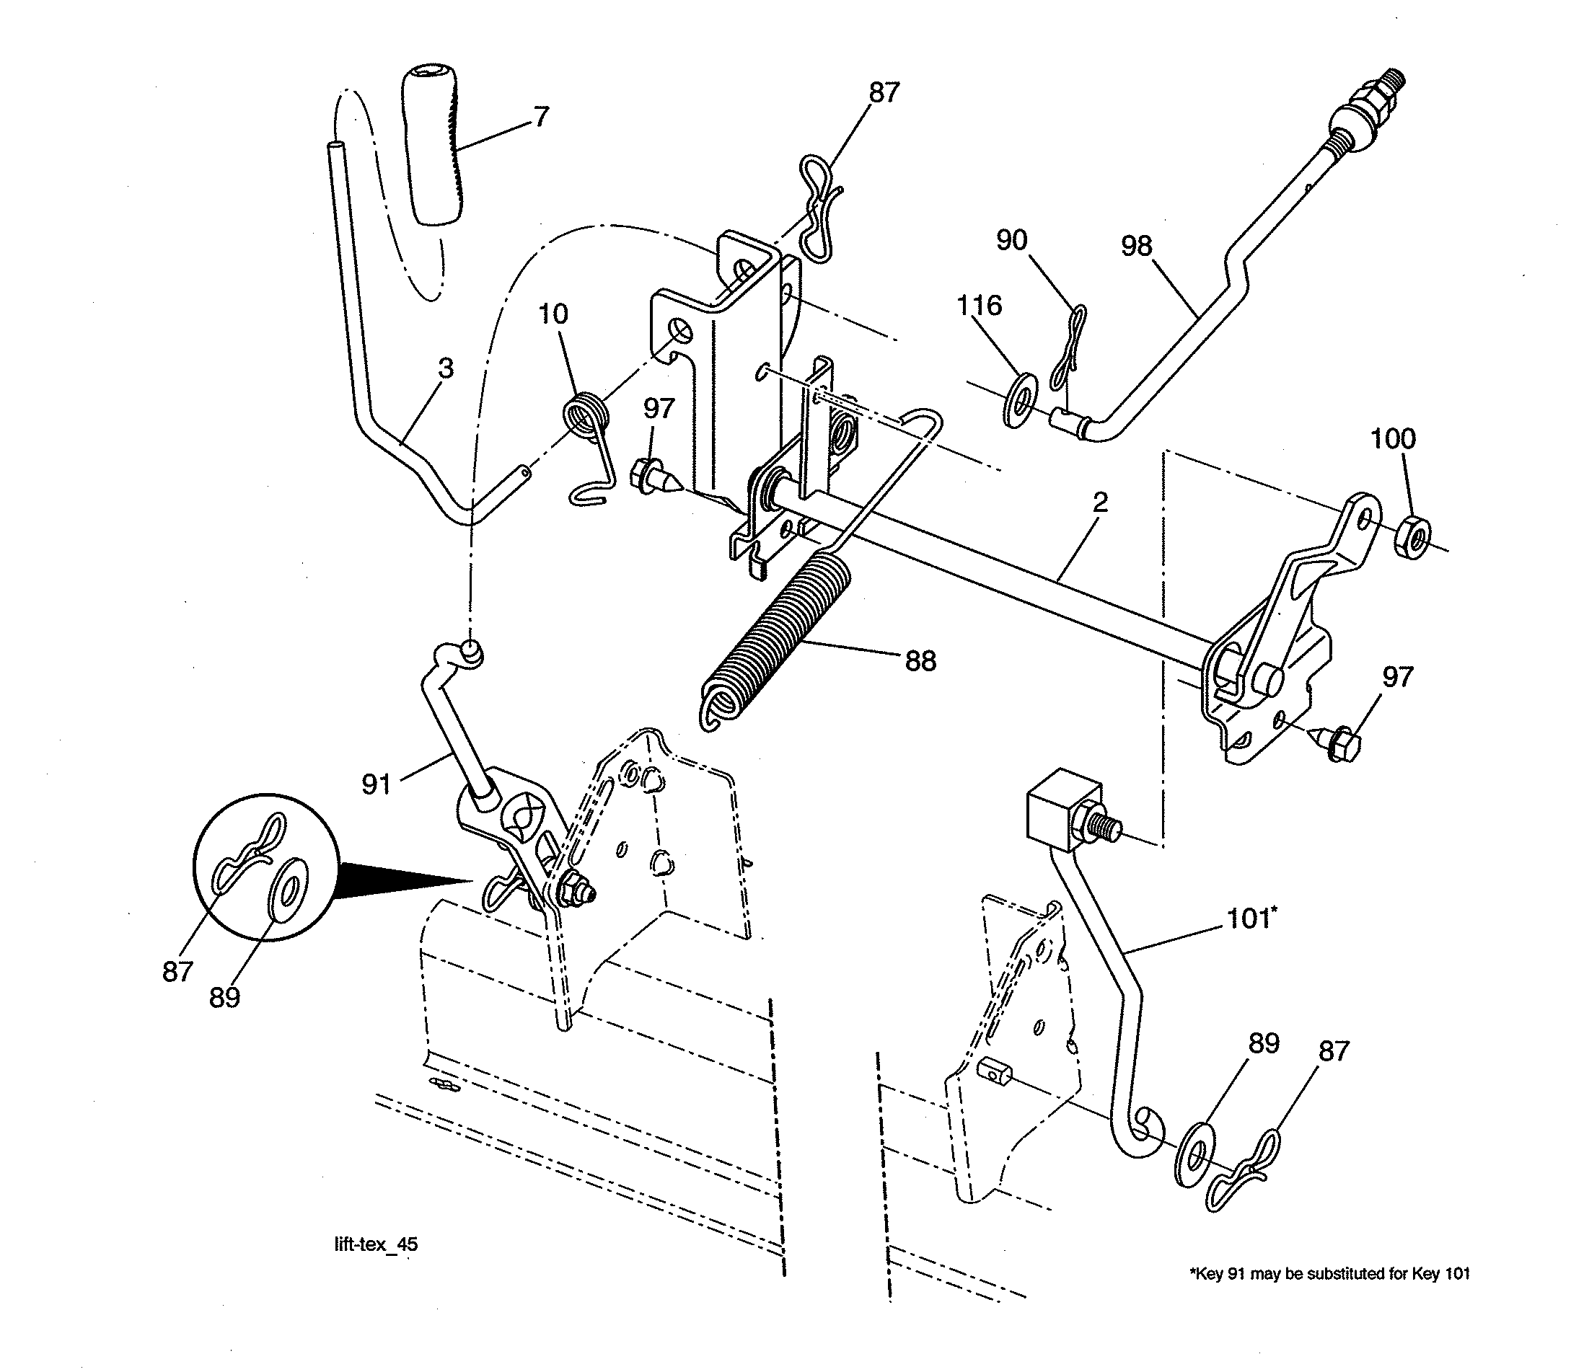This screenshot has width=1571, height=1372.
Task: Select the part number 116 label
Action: (979, 306)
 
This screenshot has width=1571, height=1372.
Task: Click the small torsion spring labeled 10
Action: (587, 418)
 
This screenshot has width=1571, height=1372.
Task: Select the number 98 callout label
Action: (1136, 247)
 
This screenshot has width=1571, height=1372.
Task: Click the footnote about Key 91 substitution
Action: (1329, 1274)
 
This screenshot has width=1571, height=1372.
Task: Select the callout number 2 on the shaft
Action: (1099, 503)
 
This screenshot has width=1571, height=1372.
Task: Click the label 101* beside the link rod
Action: (1251, 918)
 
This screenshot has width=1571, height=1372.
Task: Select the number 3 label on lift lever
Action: (445, 368)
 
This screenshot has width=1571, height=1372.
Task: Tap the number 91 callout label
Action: (376, 784)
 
